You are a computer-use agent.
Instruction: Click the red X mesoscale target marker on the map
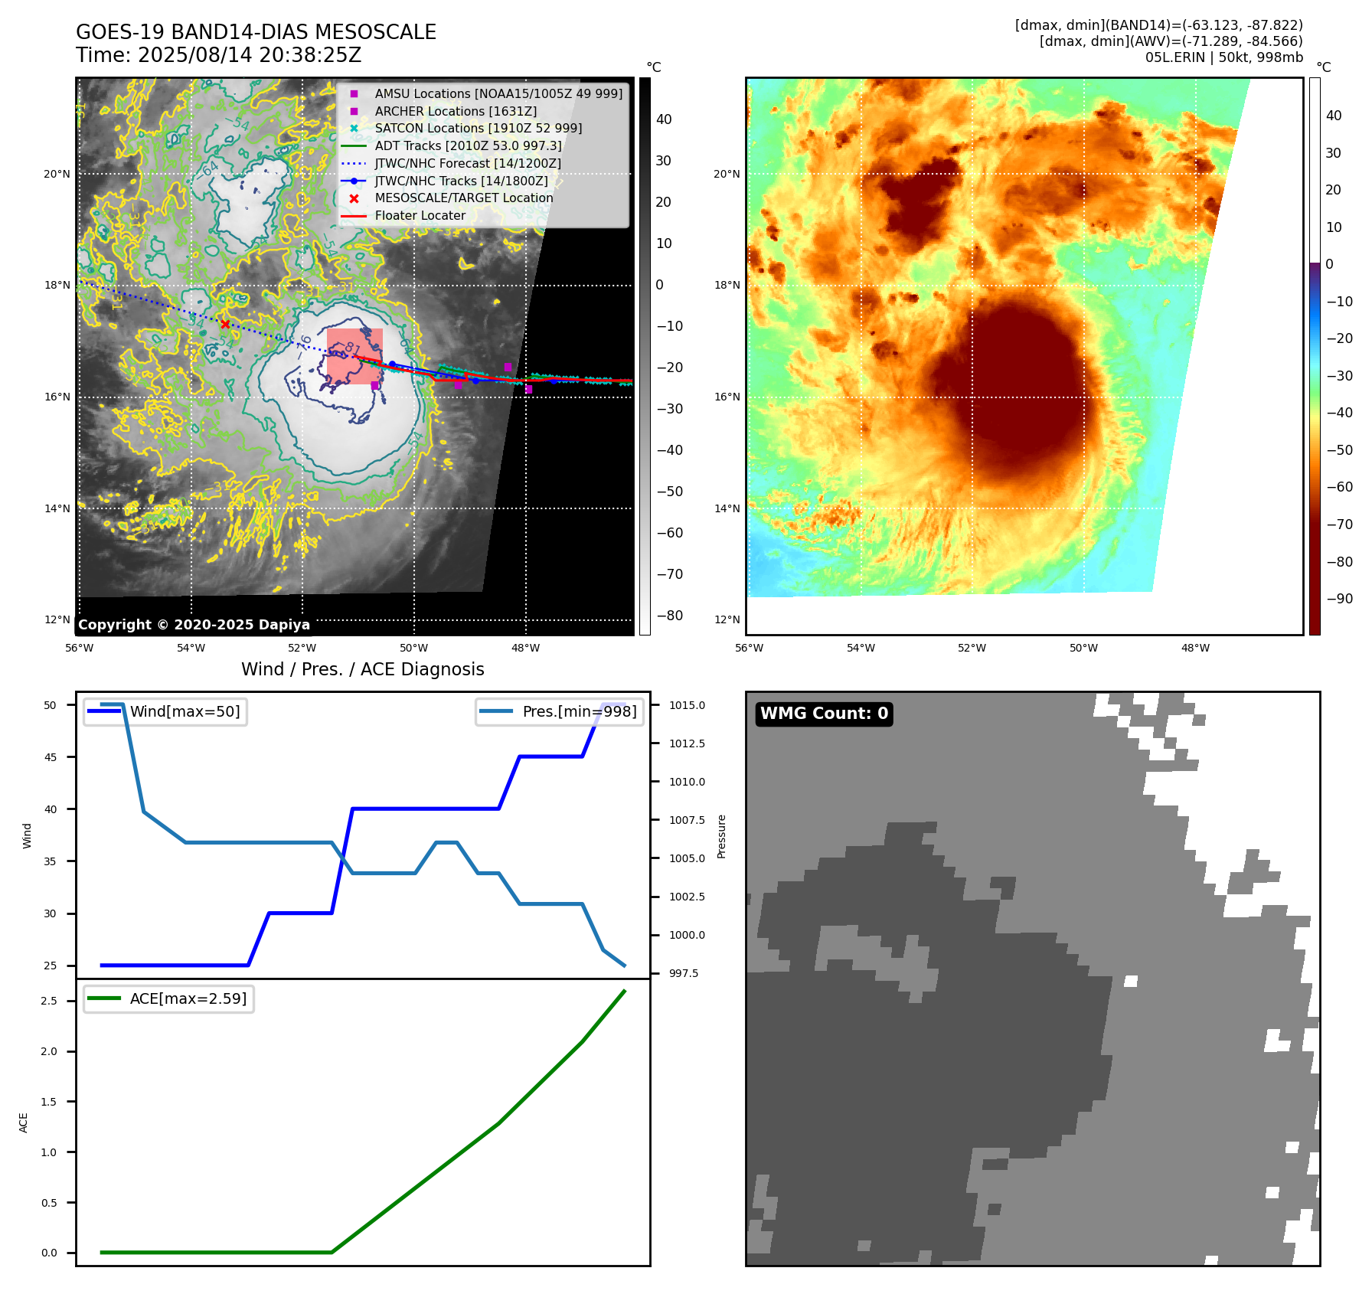pos(225,324)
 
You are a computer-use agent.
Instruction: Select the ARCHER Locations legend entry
pos(456,111)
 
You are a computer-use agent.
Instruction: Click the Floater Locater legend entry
pos(420,216)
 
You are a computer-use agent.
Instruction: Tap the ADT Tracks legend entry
pos(468,145)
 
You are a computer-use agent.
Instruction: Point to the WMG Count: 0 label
pos(824,714)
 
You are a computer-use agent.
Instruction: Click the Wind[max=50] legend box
pos(165,711)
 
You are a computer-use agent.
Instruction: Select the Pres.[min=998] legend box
pos(559,711)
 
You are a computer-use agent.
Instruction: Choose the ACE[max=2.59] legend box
pos(168,998)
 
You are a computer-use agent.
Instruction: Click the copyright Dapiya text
pos(194,625)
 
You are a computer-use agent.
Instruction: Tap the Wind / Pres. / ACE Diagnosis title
pos(362,669)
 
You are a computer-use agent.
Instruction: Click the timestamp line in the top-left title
pos(218,56)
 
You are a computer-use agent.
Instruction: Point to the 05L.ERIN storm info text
pos(1223,57)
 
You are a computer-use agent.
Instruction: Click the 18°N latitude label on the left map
pos(57,286)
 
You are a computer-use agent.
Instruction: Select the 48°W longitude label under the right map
pos(1195,648)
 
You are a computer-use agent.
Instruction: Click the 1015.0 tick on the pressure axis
pos(687,705)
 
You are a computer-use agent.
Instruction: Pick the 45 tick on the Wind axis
pos(51,757)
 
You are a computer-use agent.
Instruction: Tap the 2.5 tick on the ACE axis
pos(49,1001)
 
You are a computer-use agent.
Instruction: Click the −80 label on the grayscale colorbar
pos(669,616)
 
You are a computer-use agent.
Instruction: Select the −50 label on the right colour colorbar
pos(1339,450)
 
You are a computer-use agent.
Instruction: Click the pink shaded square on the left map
pos(354,356)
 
